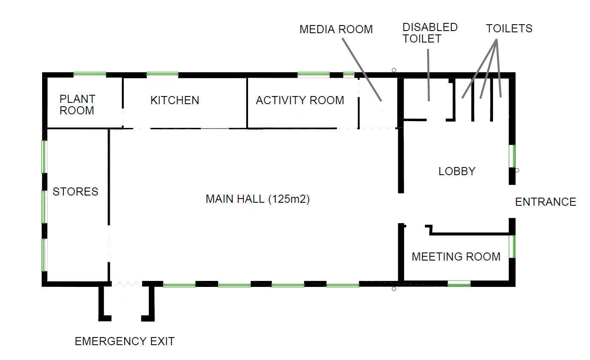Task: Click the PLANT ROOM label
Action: [77, 105]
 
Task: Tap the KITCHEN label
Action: [175, 100]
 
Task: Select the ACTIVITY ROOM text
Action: [300, 100]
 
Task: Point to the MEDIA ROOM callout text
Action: [336, 29]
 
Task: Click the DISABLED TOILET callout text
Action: [430, 33]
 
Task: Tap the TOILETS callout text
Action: [509, 28]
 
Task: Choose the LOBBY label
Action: [457, 171]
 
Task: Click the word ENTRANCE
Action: [545, 202]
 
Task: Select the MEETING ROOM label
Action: [456, 257]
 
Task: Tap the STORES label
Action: [75, 192]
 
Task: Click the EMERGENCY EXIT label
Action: [125, 341]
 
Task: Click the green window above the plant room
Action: [89, 74]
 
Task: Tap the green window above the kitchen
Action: [162, 74]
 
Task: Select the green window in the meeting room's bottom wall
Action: [459, 283]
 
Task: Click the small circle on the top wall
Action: [394, 70]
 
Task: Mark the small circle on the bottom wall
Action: [394, 289]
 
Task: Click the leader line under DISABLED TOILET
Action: [428, 75]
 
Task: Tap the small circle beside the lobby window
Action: [517, 170]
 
